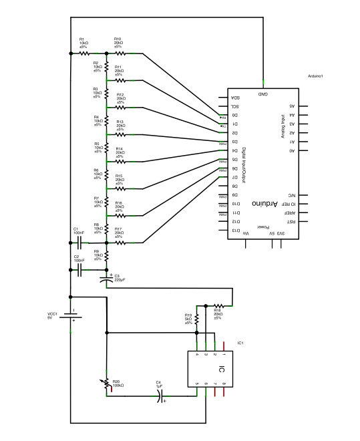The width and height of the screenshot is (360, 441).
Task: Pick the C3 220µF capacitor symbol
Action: (x=107, y=279)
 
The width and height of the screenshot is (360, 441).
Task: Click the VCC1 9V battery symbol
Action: (x=70, y=317)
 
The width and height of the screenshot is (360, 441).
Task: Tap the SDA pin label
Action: (x=234, y=98)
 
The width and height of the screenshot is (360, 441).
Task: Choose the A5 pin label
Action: (x=292, y=106)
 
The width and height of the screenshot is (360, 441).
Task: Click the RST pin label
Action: (x=291, y=221)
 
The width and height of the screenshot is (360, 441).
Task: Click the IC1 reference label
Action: (x=240, y=343)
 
